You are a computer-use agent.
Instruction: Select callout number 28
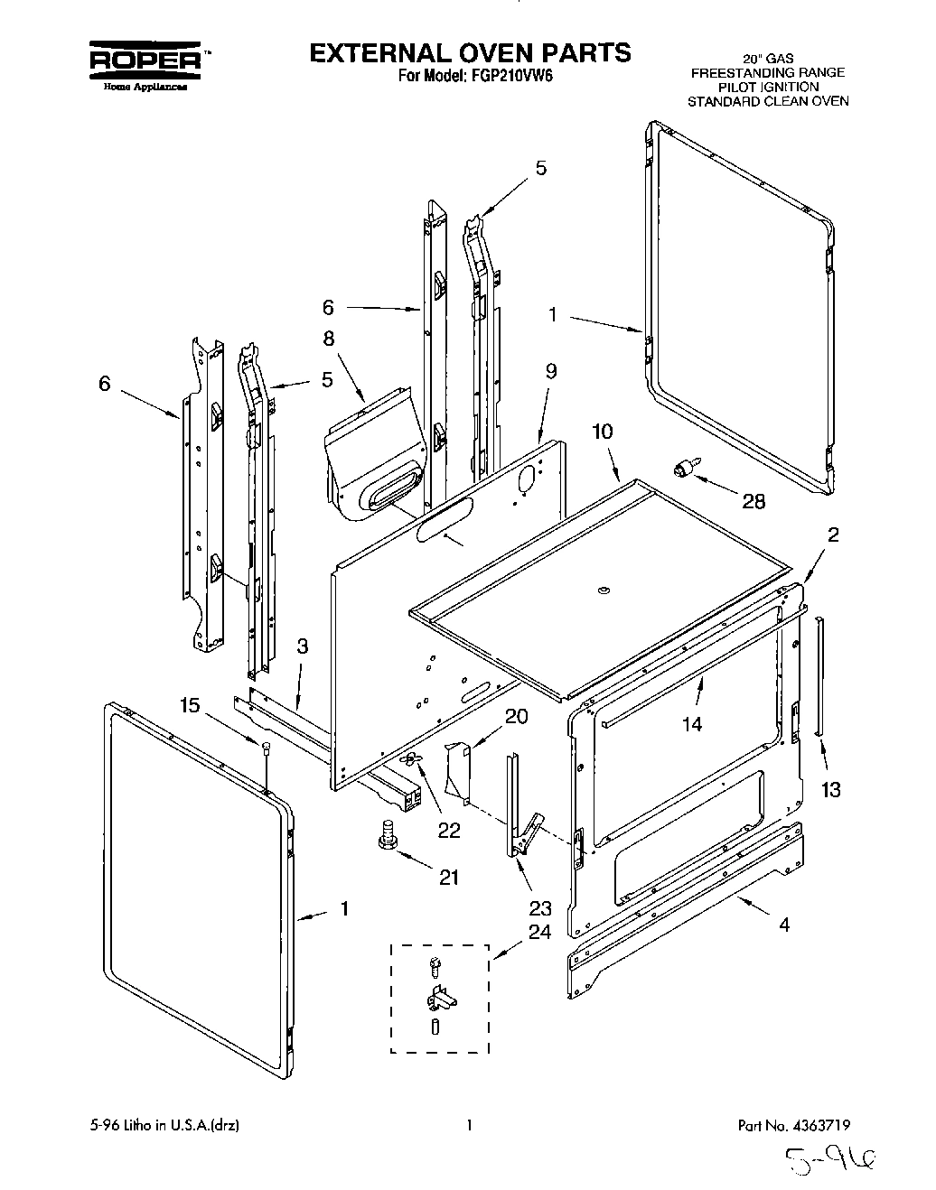(753, 501)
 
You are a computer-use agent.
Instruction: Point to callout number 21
(448, 876)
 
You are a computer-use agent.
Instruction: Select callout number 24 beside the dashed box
(538, 933)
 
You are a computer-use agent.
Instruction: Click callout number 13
(830, 789)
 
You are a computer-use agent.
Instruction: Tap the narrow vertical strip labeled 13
(819, 677)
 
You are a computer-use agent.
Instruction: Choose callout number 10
(602, 432)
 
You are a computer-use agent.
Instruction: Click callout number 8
(328, 339)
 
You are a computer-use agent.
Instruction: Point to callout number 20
(516, 716)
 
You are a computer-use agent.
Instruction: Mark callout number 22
(448, 829)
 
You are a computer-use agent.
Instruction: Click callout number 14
(692, 722)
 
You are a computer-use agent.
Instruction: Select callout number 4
(783, 924)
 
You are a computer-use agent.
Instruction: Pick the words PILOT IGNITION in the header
(768, 87)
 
